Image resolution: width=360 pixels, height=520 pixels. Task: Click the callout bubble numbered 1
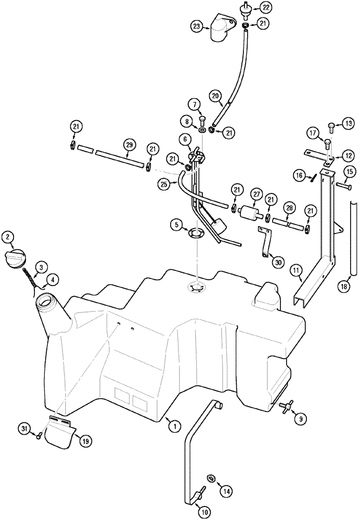tap(175, 425)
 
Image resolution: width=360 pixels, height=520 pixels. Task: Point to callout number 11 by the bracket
tap(295, 270)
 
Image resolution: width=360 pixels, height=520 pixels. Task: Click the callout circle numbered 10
tap(205, 512)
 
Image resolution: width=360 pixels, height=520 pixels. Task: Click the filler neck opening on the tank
tap(47, 302)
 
